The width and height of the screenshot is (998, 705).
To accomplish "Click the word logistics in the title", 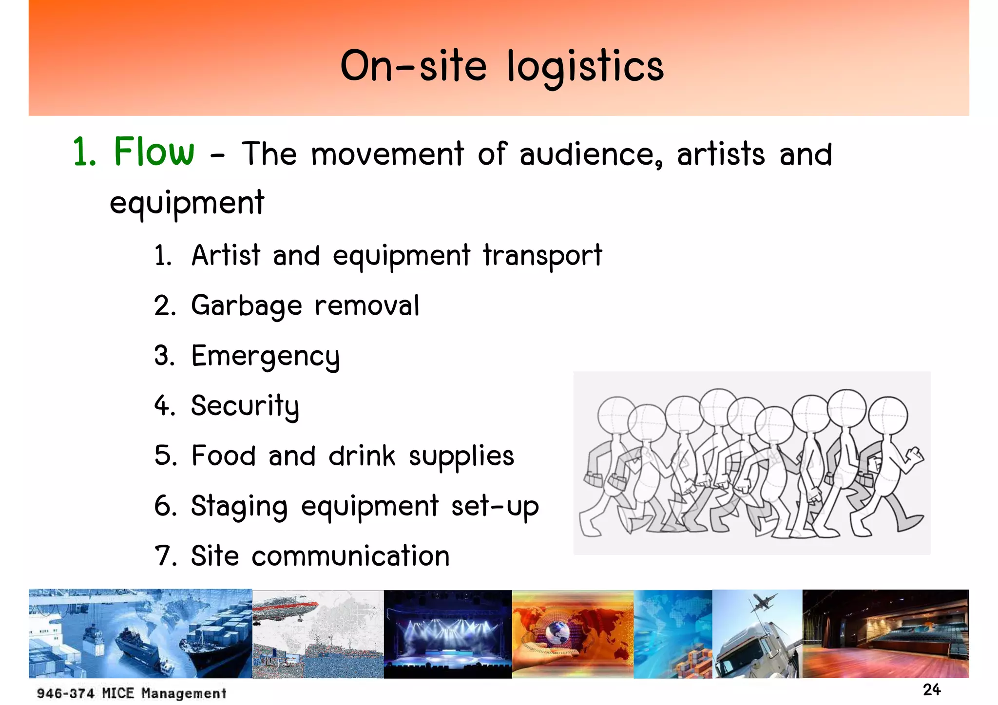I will coord(585,67).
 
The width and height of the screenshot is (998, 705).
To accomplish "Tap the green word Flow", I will coord(154,152).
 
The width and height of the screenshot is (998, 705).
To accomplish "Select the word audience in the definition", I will coord(591,155).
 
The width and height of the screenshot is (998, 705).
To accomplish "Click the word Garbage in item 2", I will coord(247,306).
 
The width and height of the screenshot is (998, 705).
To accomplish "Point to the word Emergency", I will coord(265,357).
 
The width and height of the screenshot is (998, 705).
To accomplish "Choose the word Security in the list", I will coord(245,406).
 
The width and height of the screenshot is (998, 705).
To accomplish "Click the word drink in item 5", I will coord(362,457).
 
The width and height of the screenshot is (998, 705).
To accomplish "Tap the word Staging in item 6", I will coord(239,507).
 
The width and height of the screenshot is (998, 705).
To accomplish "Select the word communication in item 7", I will coord(350,556).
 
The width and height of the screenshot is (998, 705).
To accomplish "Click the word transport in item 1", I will coord(542,256).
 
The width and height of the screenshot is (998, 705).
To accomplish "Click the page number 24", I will coord(931,690).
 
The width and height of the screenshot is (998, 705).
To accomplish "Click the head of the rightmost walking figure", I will coord(888,416).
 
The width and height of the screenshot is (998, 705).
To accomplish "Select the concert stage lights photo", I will coord(447,633).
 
